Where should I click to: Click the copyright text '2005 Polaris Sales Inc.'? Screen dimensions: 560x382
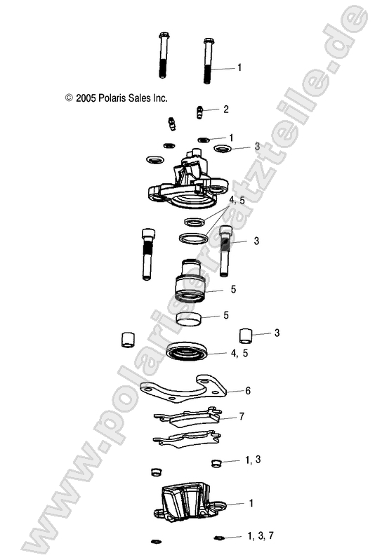tap(116, 99)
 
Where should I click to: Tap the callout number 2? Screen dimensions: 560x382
tap(225, 109)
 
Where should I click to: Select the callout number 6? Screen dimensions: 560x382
tap(248, 390)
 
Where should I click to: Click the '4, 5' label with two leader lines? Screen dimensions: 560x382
tap(237, 201)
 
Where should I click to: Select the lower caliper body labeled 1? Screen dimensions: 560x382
tap(187, 505)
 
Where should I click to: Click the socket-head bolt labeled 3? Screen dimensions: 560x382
tap(226, 253)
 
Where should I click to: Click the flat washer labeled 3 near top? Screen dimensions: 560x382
tap(222, 148)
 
